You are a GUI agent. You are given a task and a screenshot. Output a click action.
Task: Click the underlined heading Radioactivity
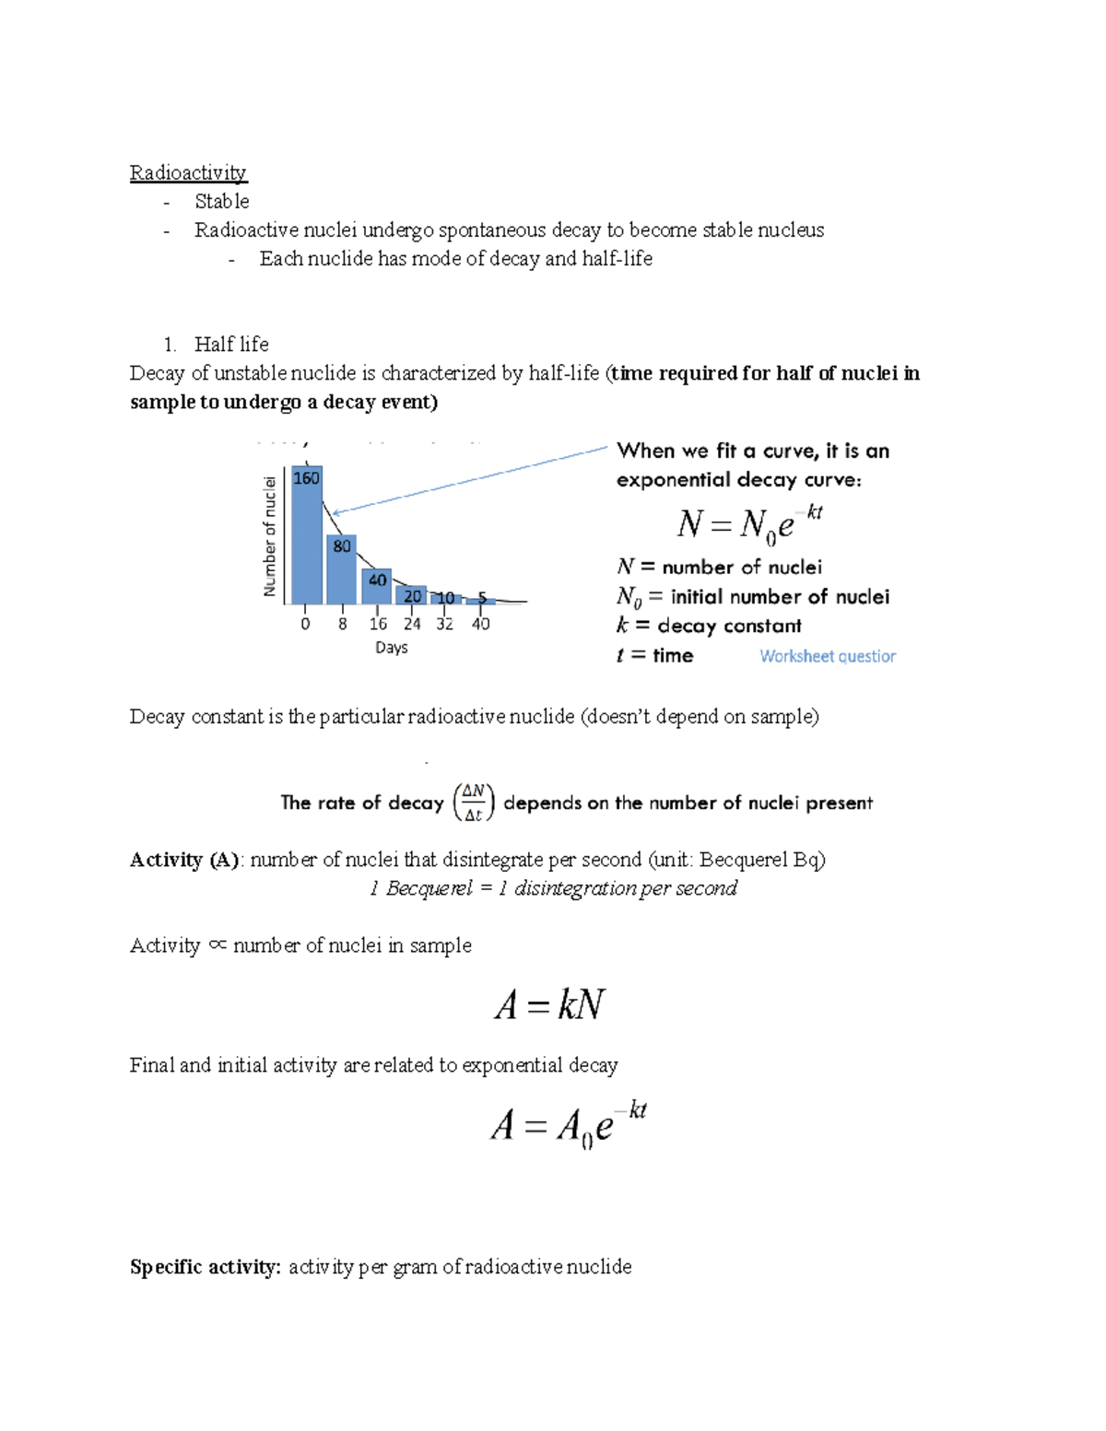(188, 173)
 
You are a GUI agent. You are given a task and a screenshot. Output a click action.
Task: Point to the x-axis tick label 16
(378, 625)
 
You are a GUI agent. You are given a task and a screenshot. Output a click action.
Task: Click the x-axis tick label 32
(444, 625)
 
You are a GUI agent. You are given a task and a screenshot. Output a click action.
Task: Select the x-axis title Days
(391, 648)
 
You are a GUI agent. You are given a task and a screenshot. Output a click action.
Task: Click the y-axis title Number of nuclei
(270, 536)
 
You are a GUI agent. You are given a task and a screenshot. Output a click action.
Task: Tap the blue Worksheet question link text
(827, 656)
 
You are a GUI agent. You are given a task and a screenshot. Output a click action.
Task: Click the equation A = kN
(549, 1004)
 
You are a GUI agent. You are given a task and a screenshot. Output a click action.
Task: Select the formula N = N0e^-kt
(749, 524)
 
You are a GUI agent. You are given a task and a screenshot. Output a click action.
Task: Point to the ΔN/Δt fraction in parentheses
(474, 803)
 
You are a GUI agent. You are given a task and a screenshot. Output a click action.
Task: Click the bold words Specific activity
(205, 1267)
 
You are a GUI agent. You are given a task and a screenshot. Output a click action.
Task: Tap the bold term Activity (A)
(184, 860)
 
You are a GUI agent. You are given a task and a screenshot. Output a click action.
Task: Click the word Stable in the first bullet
(221, 202)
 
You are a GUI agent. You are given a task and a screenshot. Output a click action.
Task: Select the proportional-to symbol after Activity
(218, 944)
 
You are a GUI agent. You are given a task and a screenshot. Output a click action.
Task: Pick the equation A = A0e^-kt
(568, 1124)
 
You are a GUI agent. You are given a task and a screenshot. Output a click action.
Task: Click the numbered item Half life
(230, 345)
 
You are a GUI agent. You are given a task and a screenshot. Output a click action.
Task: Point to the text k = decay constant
(709, 626)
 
